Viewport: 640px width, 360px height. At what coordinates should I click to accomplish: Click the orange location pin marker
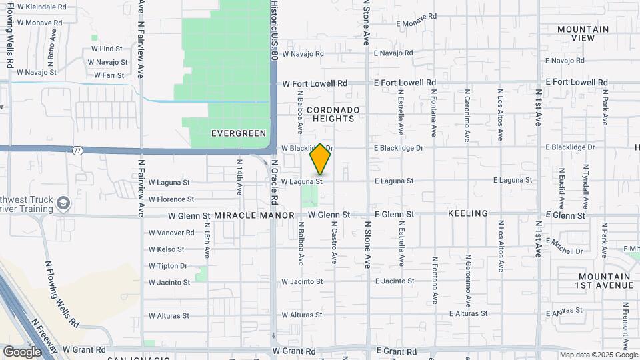coord(321,159)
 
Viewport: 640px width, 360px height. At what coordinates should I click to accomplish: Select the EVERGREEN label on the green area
coord(239,133)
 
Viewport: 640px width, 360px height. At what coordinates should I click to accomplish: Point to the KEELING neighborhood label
coord(467,213)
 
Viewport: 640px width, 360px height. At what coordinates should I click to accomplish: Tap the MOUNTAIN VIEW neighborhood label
coord(583,33)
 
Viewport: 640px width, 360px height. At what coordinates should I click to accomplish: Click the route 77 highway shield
coord(78,151)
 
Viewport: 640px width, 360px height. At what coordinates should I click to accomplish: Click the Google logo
coord(23,351)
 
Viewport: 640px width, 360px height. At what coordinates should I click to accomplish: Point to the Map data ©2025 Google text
coord(598,355)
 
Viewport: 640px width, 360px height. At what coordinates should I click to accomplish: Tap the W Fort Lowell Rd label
coord(315,84)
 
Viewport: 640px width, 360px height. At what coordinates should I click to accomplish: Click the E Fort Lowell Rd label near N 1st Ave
coord(577,82)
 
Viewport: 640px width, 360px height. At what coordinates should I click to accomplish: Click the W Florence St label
coord(171,199)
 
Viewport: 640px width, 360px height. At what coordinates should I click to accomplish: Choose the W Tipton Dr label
coord(168,266)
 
